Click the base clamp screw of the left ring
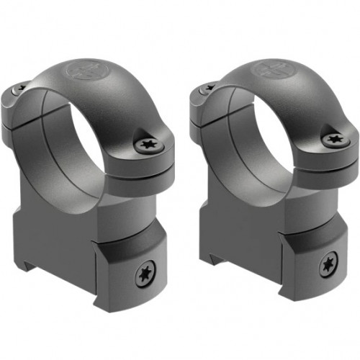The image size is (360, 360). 144,274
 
